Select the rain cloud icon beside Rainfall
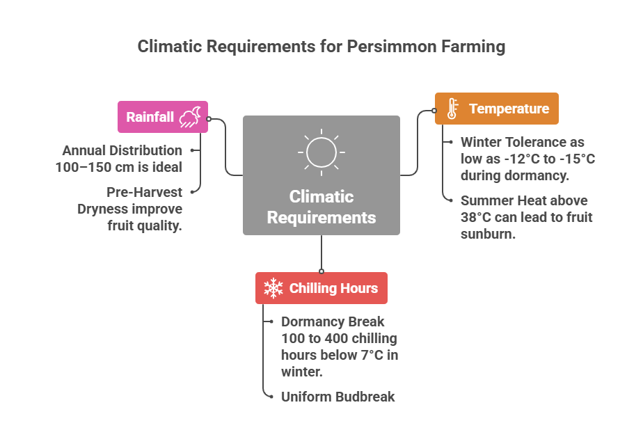click(190, 117)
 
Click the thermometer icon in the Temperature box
click(452, 109)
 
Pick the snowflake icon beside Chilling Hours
click(273, 288)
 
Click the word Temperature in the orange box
click(509, 109)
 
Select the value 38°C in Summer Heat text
click(475, 217)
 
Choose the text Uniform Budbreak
click(338, 397)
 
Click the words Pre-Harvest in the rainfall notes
click(144, 191)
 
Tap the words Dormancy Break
click(333, 321)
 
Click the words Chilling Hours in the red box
click(333, 288)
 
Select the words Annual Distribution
click(122, 150)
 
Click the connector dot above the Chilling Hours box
click(321, 271)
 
